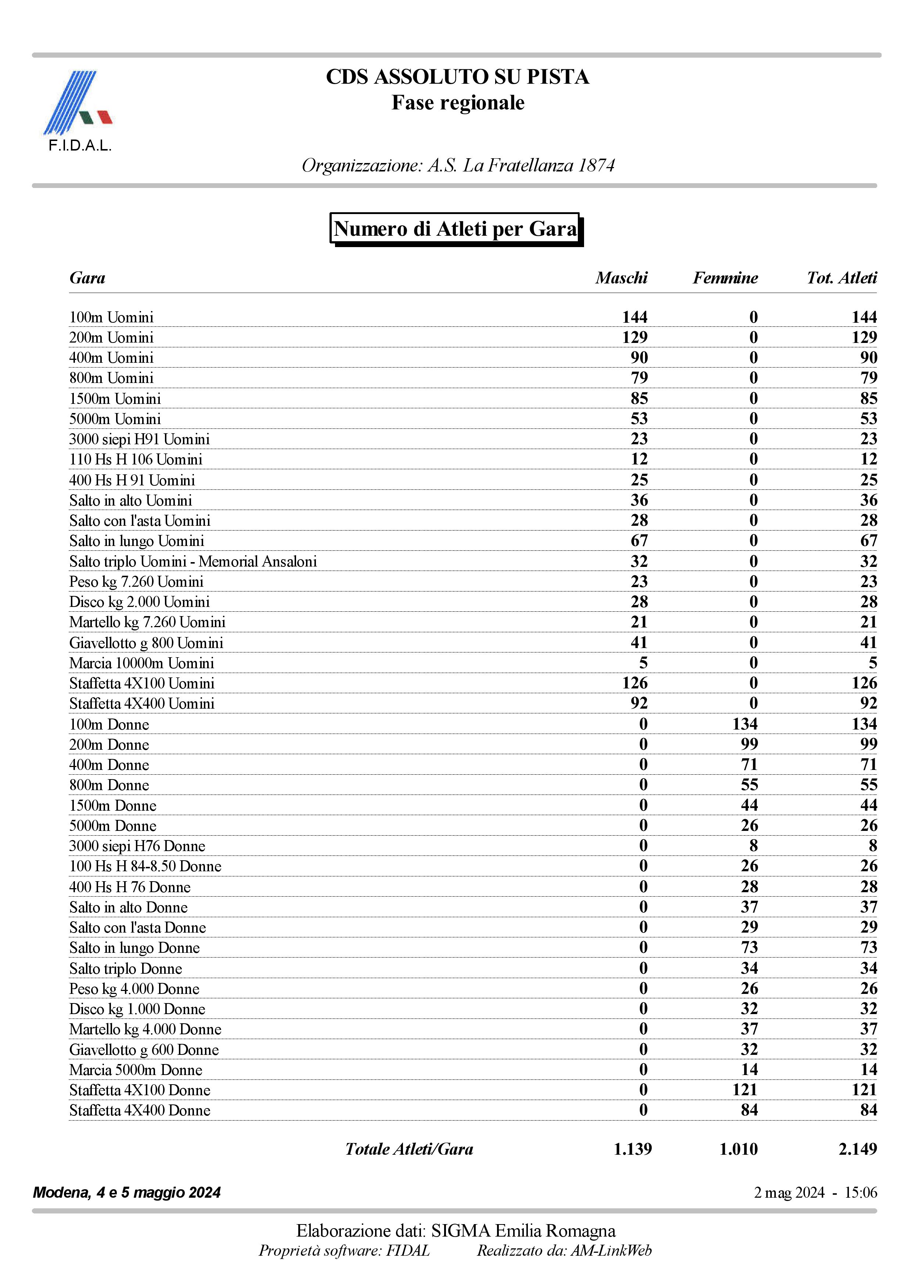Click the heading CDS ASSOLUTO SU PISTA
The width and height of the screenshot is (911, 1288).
point(457,77)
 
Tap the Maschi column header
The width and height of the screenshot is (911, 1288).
point(622,278)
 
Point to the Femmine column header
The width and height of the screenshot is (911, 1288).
point(725,278)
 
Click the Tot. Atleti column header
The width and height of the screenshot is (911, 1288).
point(842,278)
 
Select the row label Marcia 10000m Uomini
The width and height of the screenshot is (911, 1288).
point(141,663)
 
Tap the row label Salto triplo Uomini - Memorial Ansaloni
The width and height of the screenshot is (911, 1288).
point(193,561)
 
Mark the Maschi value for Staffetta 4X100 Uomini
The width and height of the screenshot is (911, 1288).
point(634,683)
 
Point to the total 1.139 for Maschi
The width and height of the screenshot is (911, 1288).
point(633,1149)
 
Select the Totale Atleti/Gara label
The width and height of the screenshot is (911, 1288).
point(409,1149)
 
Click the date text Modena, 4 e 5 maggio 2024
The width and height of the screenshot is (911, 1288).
point(127,1192)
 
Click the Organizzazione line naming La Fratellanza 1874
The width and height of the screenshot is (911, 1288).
point(458,166)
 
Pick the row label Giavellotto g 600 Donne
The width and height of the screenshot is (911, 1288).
point(144,1050)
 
